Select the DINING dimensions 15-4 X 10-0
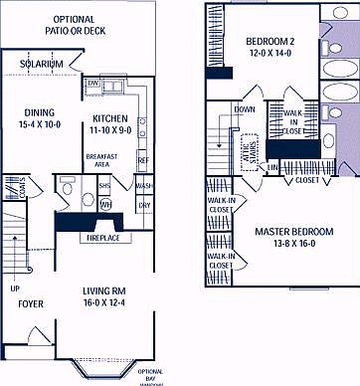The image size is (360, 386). (x=40, y=124)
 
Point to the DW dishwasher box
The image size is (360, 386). (x=92, y=83)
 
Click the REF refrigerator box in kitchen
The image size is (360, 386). (x=142, y=159)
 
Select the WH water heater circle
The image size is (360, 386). (x=104, y=205)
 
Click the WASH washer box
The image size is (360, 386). (x=144, y=186)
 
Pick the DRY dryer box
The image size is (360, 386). (x=144, y=206)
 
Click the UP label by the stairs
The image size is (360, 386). (x=14, y=289)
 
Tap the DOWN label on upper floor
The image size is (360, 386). (x=245, y=109)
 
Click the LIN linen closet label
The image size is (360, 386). (x=272, y=168)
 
